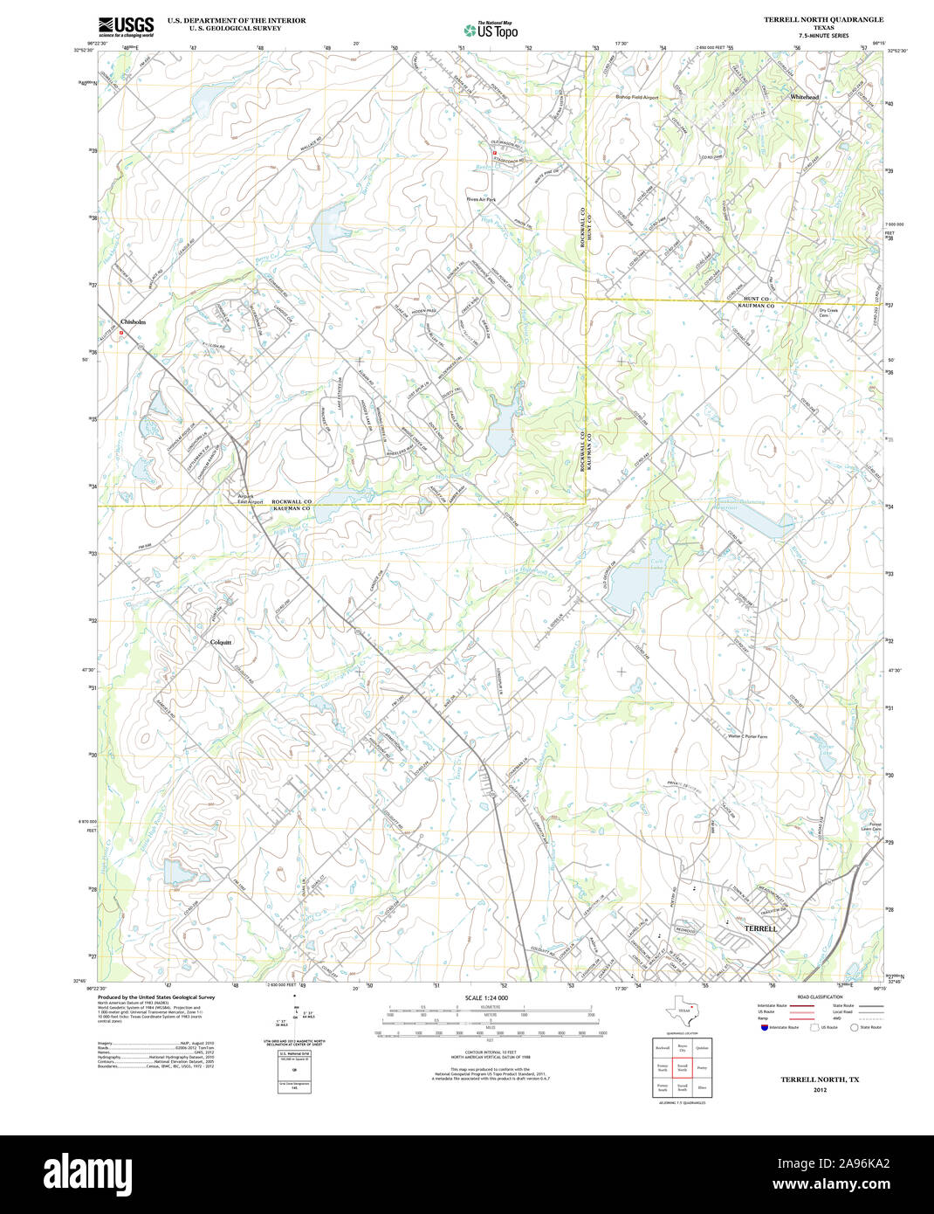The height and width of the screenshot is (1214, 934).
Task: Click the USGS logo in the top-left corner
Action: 126,25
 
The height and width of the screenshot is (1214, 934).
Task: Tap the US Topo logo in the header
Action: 492,30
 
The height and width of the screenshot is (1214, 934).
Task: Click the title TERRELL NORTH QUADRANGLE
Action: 823,19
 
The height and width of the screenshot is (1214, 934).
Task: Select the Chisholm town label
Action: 134,321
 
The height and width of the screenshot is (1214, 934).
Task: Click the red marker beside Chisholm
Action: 122,332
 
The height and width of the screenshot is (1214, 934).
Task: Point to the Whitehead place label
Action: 804,96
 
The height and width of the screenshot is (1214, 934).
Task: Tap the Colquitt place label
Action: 221,642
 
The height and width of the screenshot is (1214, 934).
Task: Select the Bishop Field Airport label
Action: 636,97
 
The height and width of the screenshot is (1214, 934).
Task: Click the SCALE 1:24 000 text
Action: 486,997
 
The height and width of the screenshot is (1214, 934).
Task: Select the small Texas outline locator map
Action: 682,1011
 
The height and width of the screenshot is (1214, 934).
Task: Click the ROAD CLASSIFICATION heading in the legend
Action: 820,997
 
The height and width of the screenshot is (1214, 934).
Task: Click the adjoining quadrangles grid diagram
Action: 682,1068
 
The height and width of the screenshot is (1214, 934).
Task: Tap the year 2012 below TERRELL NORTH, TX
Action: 819,1090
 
